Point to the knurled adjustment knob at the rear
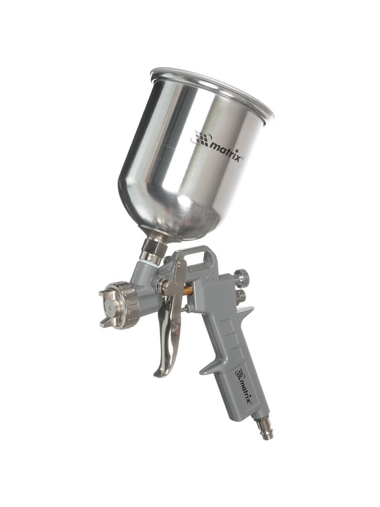[241, 275]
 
